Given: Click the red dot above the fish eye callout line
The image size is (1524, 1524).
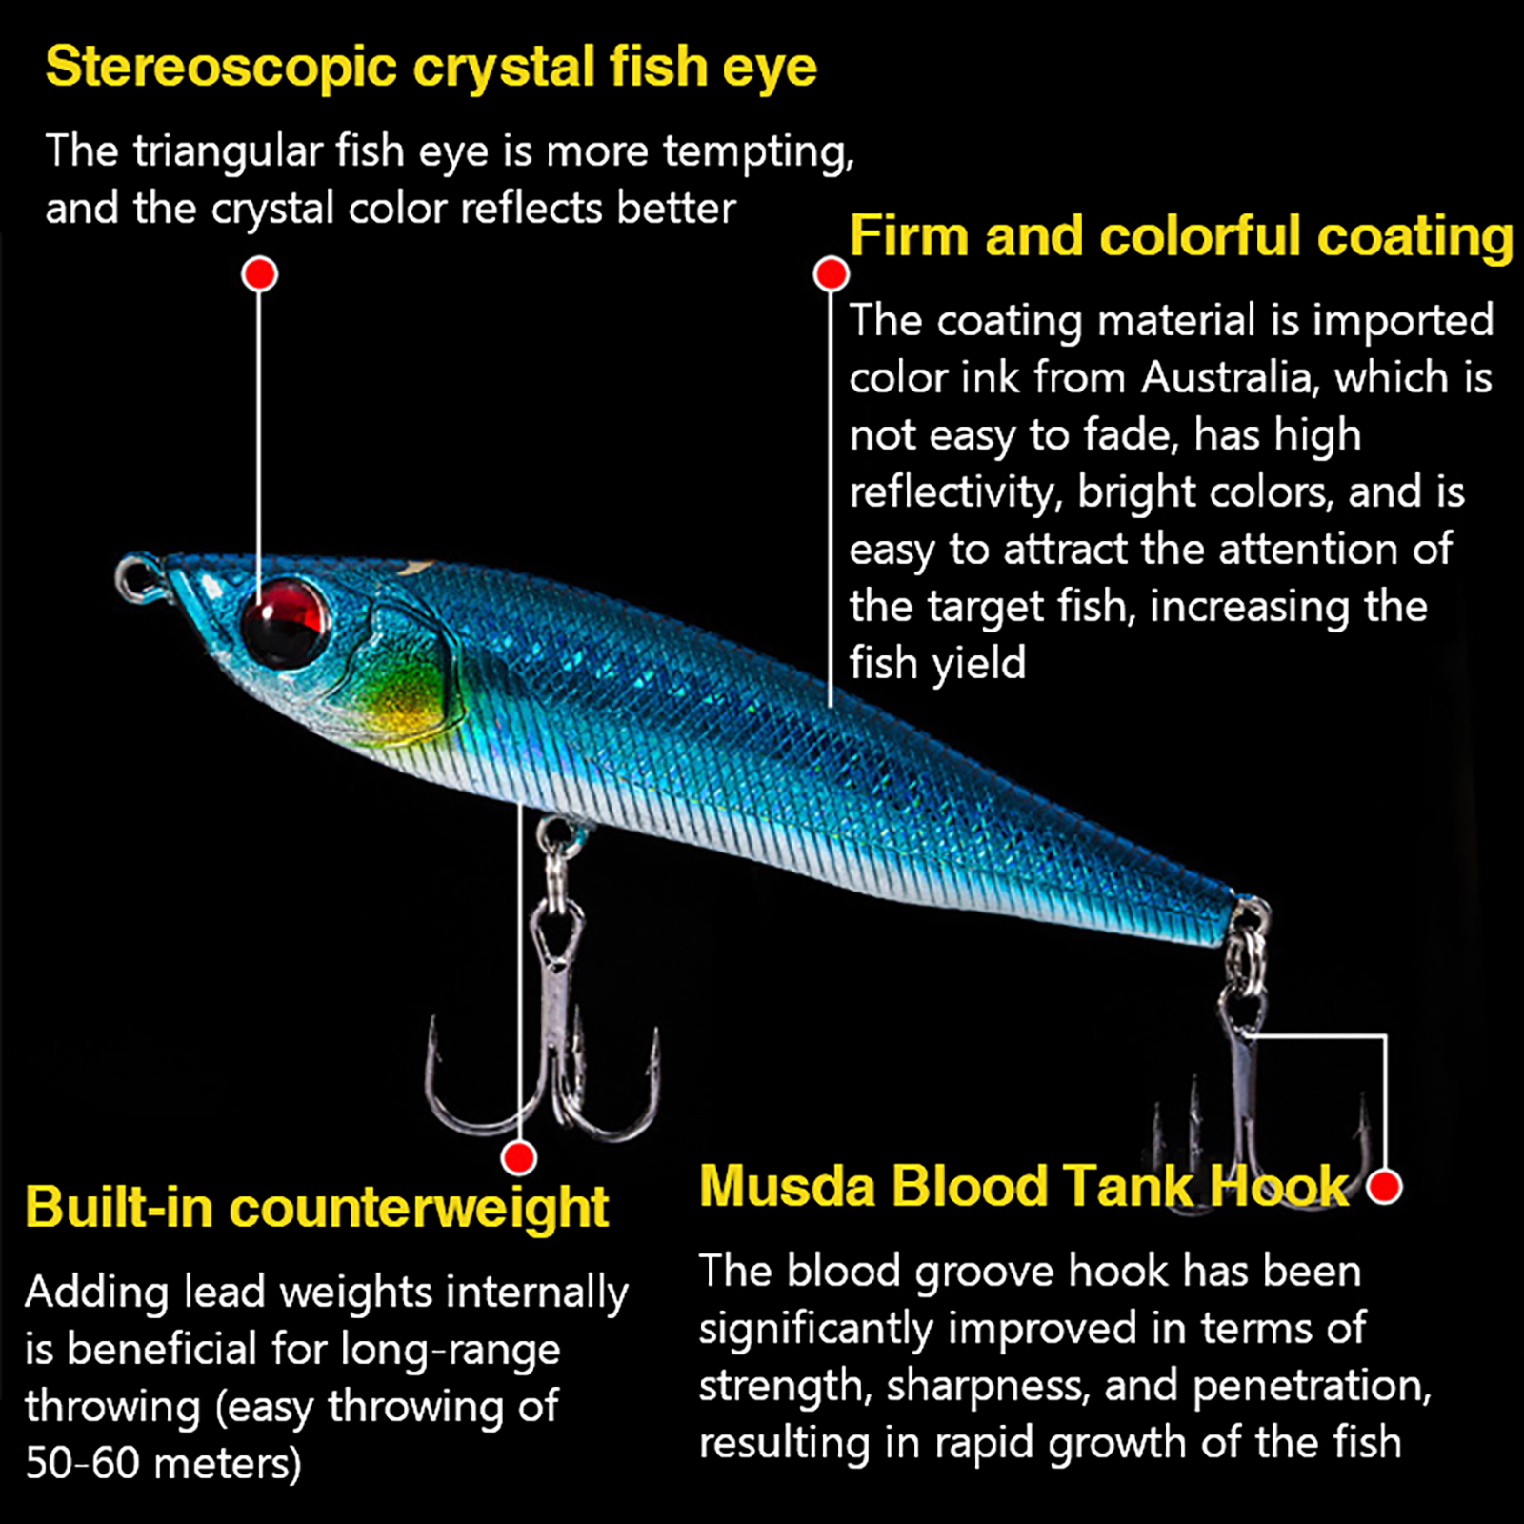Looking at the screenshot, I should (x=259, y=274).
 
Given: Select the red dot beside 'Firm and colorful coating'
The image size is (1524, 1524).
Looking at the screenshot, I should (x=831, y=274).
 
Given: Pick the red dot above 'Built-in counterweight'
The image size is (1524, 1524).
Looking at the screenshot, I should (x=519, y=1158).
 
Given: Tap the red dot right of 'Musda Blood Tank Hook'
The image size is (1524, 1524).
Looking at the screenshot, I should (x=1384, y=1187).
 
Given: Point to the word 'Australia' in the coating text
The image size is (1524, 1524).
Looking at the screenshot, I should (x=1230, y=378).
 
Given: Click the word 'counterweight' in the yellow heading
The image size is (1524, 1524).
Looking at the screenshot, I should (x=418, y=1208).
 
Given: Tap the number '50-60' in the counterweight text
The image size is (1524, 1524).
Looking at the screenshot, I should (x=83, y=1463).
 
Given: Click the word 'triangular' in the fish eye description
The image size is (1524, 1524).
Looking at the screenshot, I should (x=228, y=151).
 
